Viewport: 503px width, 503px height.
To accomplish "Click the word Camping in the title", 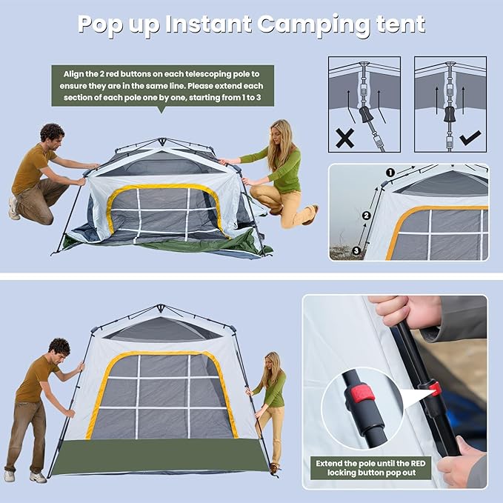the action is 313,24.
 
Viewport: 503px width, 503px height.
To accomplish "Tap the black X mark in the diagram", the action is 345,139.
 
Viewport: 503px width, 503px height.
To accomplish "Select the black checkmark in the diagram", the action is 470,138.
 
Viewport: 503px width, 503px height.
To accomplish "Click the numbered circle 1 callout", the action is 390,173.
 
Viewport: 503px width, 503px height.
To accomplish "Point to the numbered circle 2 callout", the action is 367,216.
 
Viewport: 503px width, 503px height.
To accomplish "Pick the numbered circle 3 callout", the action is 356,250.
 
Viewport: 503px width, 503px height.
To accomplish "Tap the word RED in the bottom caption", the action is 417,463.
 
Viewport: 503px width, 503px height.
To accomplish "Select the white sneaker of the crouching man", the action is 14,208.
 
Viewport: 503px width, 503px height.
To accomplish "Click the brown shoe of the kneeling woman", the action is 310,215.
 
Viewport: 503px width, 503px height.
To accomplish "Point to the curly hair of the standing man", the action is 59,346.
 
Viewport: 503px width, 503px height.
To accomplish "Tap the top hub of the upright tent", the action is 161,307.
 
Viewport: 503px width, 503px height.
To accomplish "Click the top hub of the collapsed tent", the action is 162,141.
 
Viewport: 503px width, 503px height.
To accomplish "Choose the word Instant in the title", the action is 208,24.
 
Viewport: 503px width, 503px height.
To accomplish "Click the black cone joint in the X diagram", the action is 366,115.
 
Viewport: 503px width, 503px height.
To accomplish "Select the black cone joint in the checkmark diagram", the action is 450,115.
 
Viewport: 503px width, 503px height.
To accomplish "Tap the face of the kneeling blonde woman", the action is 276,135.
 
